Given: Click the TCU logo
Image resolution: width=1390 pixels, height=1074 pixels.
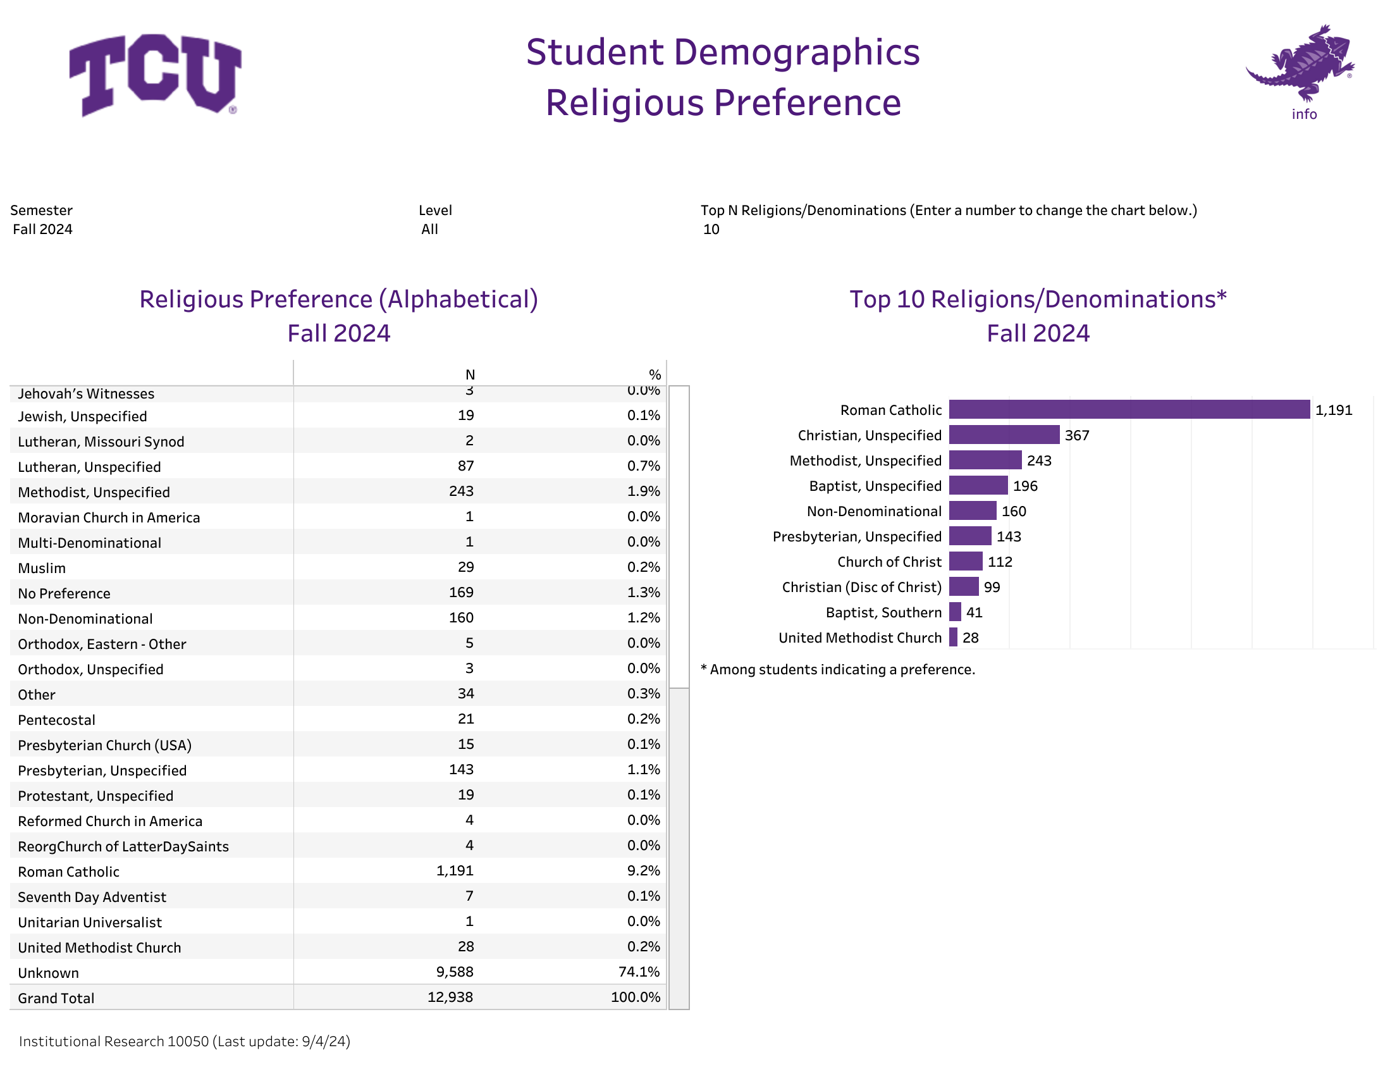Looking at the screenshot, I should [x=156, y=75].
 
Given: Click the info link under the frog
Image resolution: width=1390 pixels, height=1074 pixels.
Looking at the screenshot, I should [x=1304, y=114].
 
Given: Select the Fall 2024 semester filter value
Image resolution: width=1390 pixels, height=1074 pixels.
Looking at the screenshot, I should [x=42, y=229].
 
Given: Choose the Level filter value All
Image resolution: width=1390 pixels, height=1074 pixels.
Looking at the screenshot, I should [x=429, y=229].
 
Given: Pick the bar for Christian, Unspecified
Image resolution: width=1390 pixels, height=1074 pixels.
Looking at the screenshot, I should [x=1004, y=435].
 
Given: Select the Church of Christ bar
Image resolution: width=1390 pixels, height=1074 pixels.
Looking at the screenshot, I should [x=966, y=562].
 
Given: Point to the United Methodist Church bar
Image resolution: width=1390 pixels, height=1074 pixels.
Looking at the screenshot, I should [x=953, y=638].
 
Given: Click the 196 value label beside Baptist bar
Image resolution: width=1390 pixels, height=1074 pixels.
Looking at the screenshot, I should [x=1024, y=486].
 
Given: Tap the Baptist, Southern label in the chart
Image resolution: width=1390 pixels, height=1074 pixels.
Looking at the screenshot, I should [x=883, y=612].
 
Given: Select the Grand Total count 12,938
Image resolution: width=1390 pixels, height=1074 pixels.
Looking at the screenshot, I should [x=450, y=997].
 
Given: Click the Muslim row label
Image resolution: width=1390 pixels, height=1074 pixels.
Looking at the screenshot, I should [x=42, y=568].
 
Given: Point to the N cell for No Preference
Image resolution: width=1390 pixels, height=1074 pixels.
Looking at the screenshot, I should [x=461, y=593].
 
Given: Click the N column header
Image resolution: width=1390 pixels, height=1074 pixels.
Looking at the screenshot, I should [x=470, y=375].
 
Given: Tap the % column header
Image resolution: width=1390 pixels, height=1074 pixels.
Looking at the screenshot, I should [x=655, y=375].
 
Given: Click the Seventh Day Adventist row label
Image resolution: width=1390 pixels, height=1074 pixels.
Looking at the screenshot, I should [x=92, y=897].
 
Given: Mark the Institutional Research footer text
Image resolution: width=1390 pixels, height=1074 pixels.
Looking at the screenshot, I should [x=185, y=1042].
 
